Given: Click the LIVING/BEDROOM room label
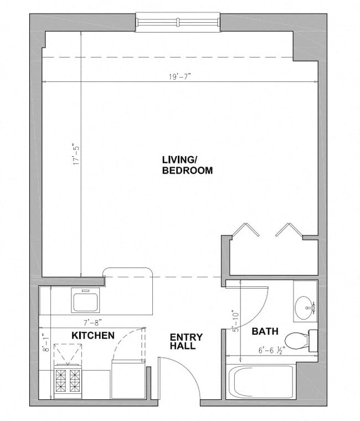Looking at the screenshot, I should click(x=187, y=165).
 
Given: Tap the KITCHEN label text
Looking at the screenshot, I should click(x=93, y=335).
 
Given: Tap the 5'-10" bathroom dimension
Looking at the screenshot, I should click(x=235, y=321).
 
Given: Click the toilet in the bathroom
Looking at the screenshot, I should click(x=300, y=339).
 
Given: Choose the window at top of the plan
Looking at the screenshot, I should click(x=178, y=22).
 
